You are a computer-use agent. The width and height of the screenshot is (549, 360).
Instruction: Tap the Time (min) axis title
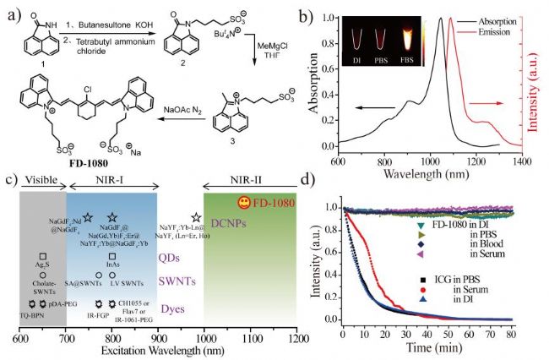click(x=429, y=347)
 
